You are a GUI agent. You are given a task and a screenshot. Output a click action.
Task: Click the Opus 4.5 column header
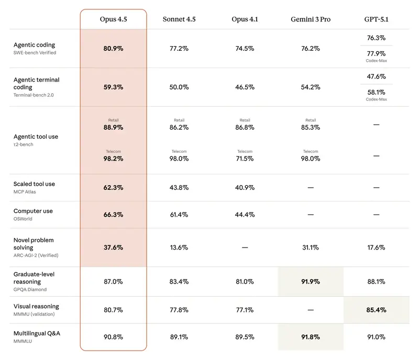coord(113,19)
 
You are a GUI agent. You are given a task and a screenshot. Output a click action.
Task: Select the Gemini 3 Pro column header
coord(310,19)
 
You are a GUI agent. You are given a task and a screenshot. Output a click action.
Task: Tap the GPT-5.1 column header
coord(376,19)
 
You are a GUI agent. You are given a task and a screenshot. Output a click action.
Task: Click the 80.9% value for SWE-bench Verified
coord(113,48)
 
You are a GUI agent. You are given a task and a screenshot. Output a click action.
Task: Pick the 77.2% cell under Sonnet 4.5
coord(179,48)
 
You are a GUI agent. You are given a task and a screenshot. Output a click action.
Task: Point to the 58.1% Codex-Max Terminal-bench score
coord(376,92)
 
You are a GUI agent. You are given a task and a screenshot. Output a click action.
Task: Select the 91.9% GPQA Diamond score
coord(311,282)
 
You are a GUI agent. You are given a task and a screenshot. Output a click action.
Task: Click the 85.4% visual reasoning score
coord(376,310)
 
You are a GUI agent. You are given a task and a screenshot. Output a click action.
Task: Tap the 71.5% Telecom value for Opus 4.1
coord(245,159)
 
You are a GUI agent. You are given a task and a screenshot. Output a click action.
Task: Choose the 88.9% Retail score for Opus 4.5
coord(113,127)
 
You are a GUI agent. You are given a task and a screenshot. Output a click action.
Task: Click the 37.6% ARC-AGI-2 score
coord(113,248)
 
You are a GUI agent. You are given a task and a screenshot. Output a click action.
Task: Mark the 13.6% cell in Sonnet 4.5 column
coord(179,248)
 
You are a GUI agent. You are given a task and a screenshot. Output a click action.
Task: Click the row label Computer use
coord(33,211)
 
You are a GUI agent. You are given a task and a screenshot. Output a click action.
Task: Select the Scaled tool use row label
coord(34,184)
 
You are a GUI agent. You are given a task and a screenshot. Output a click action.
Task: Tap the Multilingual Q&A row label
coord(37,333)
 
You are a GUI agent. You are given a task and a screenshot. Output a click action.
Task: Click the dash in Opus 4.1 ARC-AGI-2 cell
coord(245,248)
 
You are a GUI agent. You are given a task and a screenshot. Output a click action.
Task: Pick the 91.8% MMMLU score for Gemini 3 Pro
coord(311,337)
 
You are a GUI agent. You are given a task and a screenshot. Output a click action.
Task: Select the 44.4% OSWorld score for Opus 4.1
coord(245,215)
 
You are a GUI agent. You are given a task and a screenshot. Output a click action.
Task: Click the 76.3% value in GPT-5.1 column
coord(376,38)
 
